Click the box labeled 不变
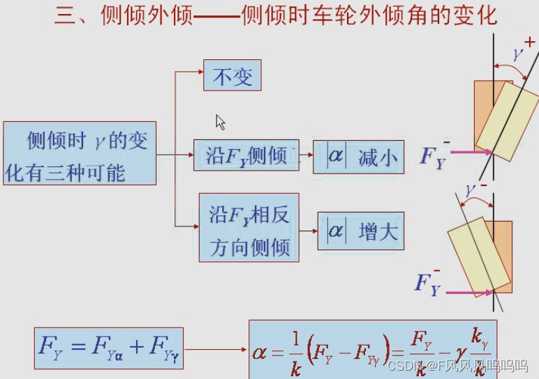pos(232,75)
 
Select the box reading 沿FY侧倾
pos(246,155)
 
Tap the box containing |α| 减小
pos(357,157)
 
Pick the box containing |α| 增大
pos(361,231)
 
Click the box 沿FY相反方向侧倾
pos(249,227)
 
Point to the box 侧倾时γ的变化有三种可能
pos(80,153)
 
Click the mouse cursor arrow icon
pos(220,122)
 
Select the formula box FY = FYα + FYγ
pos(109,348)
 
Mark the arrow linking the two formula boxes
pos(216,348)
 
